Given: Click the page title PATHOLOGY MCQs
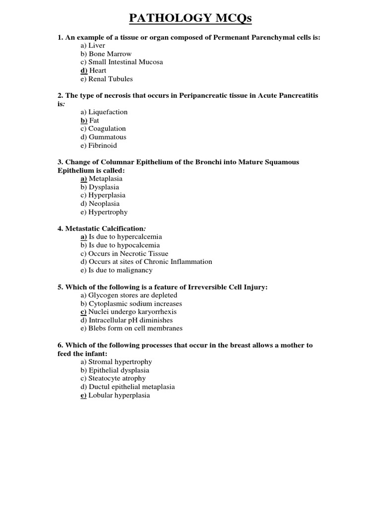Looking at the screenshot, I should point(190,19).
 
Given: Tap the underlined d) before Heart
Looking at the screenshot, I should point(84,70).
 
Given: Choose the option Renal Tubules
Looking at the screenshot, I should point(106,79).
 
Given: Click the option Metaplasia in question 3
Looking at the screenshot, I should point(105,179).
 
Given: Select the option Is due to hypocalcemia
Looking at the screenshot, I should point(120,245).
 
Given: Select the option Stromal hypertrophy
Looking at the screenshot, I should point(116,362).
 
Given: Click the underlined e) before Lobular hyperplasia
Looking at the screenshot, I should point(83,395).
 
